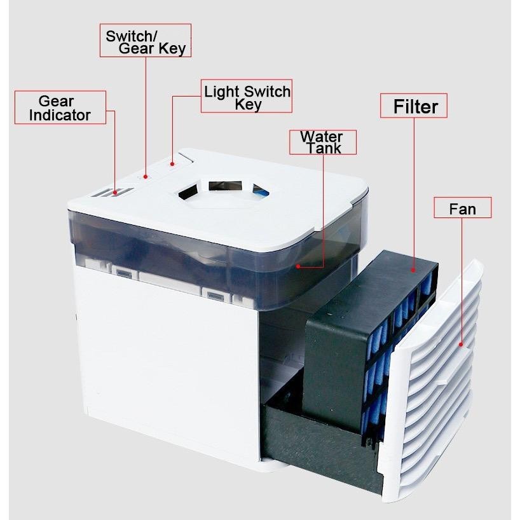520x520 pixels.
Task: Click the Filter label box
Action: pos(414,106)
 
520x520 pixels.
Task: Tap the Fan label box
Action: pos(462,209)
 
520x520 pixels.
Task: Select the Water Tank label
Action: pos(322,142)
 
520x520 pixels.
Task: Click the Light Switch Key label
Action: pos(247,97)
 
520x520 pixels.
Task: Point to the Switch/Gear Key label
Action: pos(146,41)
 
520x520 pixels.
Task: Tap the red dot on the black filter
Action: pos(413,270)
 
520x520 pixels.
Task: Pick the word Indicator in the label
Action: pos(60,115)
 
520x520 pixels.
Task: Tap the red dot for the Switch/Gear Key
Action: pos(146,177)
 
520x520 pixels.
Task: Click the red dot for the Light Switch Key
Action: pos(172,163)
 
